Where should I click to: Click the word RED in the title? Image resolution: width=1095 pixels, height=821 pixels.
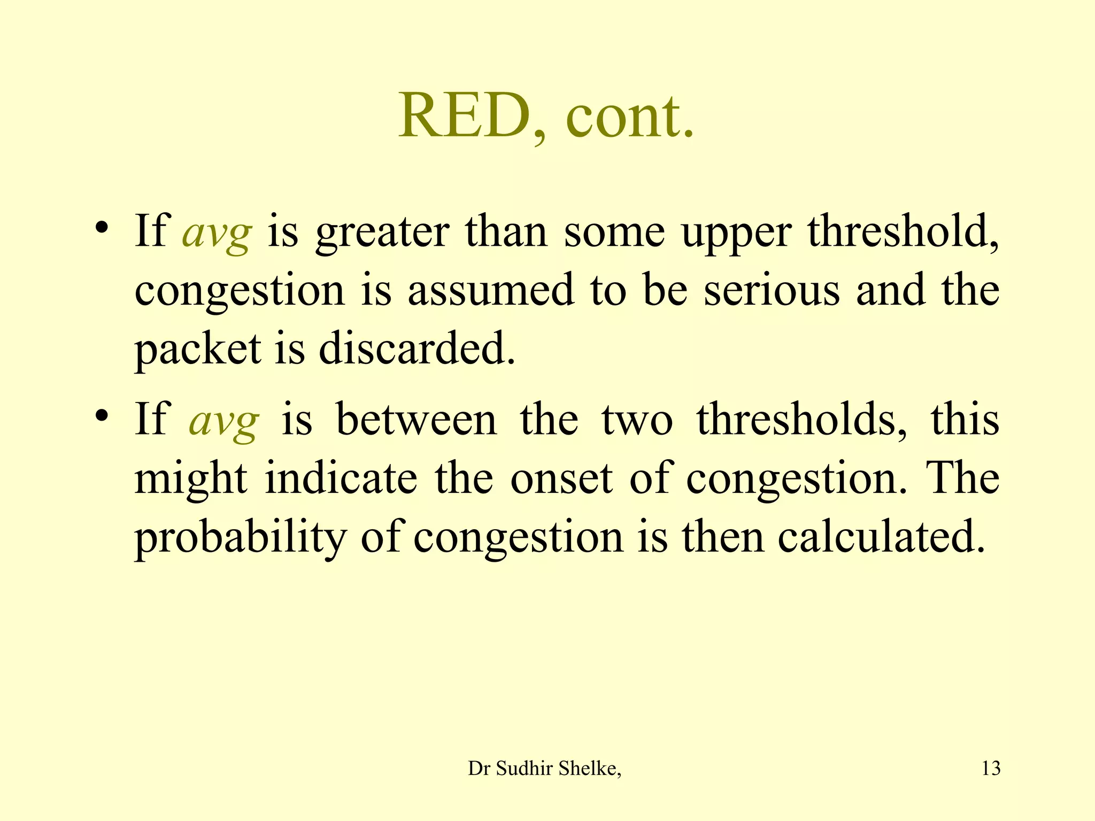point(464,115)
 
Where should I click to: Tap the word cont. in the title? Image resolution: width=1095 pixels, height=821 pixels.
point(629,115)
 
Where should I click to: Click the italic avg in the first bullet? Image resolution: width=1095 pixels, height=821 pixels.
point(217,233)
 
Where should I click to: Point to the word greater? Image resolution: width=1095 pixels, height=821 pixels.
point(382,233)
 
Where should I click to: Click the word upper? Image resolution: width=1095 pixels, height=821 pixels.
point(736,233)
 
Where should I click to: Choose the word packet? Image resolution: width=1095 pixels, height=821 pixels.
point(198,350)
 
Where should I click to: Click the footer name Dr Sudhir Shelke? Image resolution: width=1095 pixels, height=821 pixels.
point(544,768)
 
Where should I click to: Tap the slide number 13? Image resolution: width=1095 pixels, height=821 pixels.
point(991,768)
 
